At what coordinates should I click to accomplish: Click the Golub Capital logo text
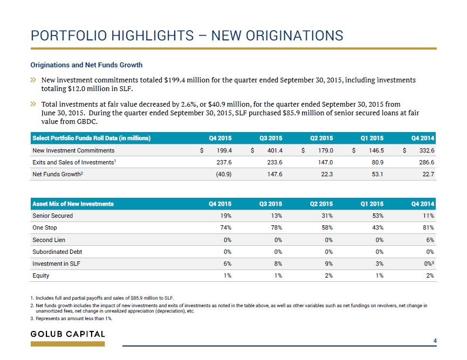point(68,334)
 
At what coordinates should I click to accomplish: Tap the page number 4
point(435,341)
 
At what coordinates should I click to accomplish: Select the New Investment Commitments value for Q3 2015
point(274,150)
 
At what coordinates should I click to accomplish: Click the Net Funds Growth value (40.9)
point(224,174)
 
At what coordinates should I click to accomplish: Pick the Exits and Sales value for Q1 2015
point(377,162)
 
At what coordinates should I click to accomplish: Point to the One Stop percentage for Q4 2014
point(428,227)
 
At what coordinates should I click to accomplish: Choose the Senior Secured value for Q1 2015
point(377,216)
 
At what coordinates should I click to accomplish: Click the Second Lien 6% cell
point(430,240)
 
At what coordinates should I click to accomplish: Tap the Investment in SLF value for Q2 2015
point(329,264)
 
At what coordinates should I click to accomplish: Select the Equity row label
point(41,275)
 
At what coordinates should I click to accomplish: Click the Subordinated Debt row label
point(57,252)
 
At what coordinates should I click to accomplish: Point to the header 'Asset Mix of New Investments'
point(73,204)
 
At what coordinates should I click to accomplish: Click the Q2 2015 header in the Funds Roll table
point(321,138)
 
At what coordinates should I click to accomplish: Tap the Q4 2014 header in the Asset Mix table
point(423,204)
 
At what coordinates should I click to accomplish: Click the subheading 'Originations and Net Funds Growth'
point(87,65)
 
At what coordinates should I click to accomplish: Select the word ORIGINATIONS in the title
point(277,36)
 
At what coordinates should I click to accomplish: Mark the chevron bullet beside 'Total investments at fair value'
point(33,104)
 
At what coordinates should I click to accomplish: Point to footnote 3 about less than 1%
point(72,319)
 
